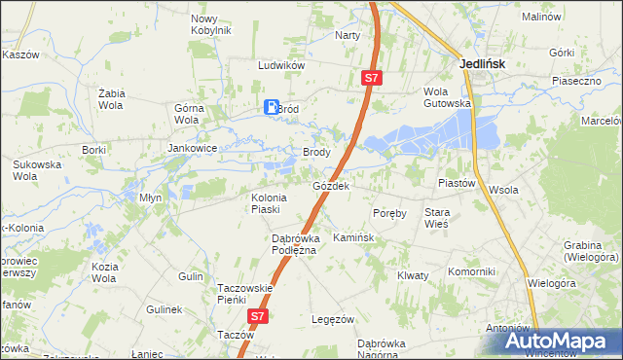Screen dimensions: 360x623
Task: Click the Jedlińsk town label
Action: (x=483, y=64)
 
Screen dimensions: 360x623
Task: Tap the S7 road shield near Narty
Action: (x=372, y=77)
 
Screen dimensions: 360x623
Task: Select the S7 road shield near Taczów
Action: (x=257, y=316)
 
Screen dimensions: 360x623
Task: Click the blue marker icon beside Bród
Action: (x=272, y=108)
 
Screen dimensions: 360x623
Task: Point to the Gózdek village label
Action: (x=331, y=185)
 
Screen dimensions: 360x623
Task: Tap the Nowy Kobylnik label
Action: (x=211, y=24)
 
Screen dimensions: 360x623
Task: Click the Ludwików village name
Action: (x=282, y=65)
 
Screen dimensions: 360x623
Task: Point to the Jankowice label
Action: (x=191, y=149)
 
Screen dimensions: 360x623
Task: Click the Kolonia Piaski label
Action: (x=266, y=202)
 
